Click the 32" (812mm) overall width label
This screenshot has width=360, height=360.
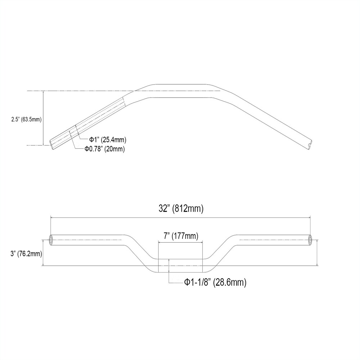tap(181, 208)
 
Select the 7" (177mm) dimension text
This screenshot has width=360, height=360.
tap(180, 236)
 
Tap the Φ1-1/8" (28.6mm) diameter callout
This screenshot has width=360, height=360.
tap(215, 283)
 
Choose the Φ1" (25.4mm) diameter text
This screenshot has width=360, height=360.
tap(108, 139)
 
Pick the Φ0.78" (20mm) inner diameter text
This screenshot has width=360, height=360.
tap(104, 149)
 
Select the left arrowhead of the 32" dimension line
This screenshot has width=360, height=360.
tap(52, 217)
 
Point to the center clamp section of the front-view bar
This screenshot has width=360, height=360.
tap(180, 266)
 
